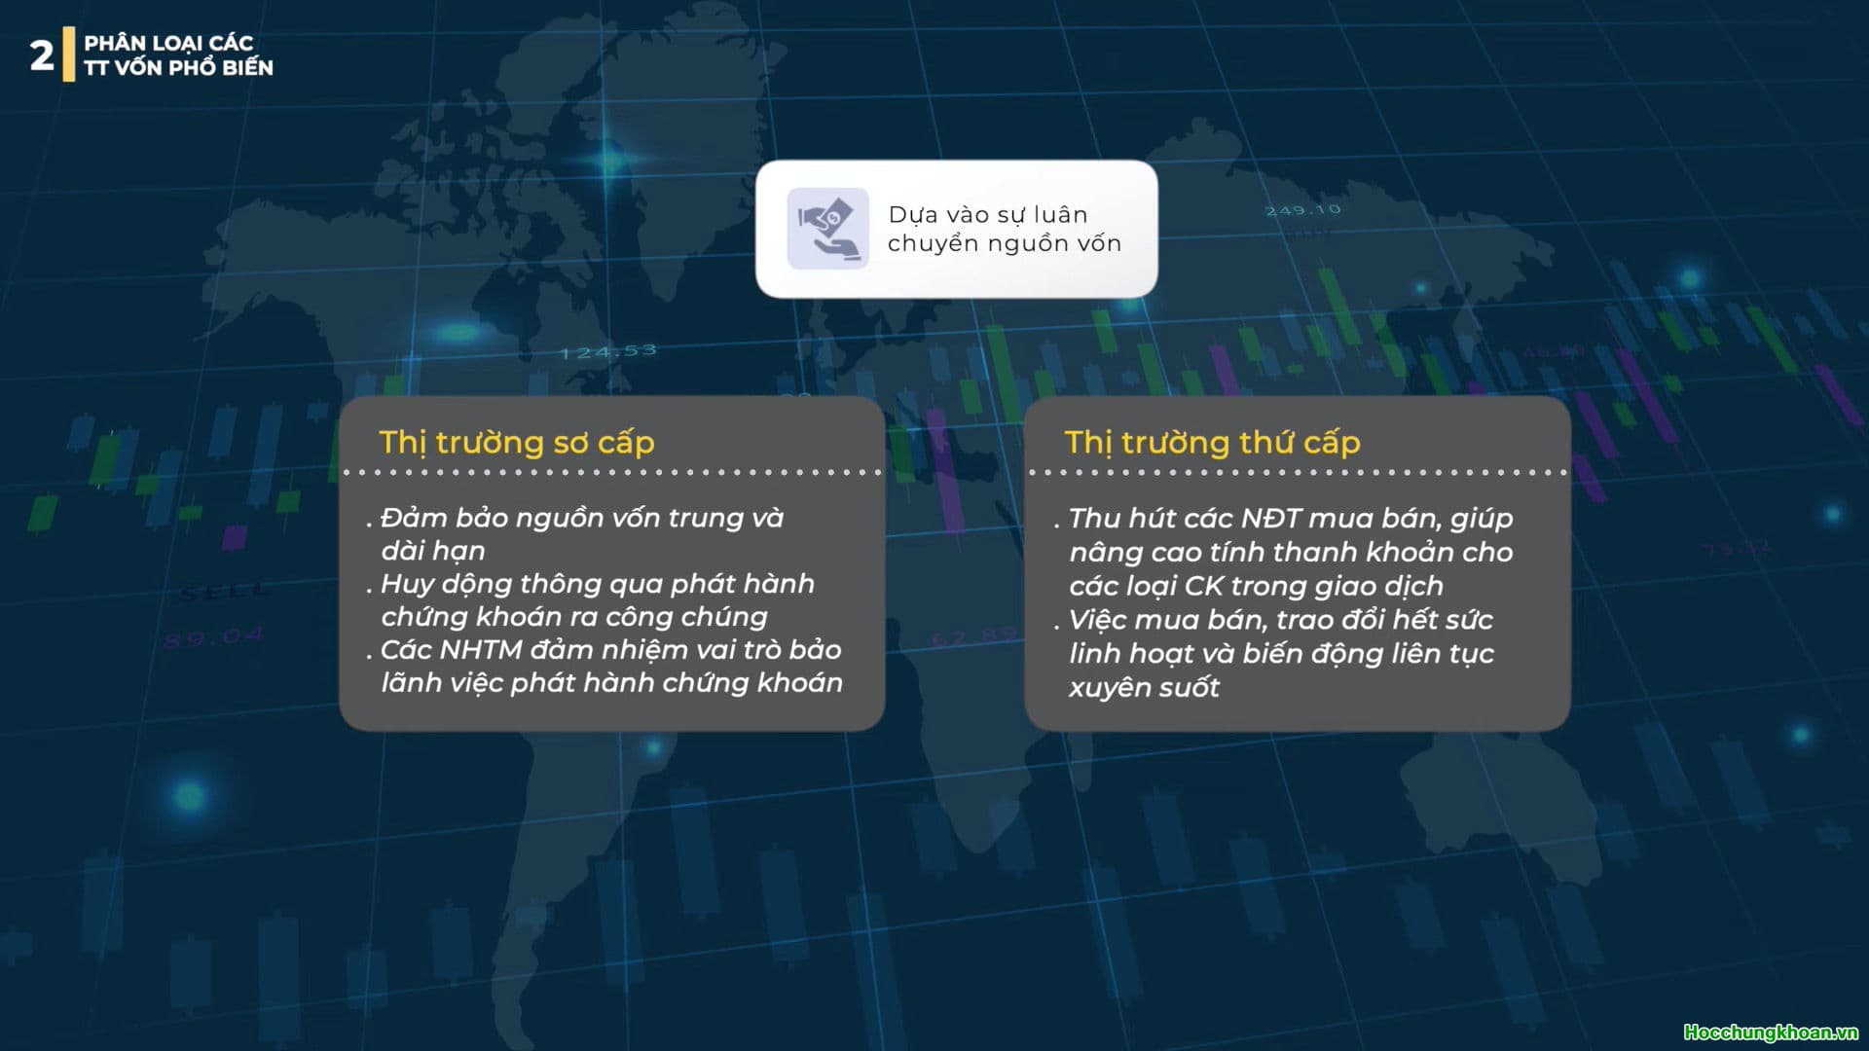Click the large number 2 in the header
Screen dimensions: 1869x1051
(x=42, y=55)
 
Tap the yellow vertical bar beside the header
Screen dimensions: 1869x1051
(x=69, y=54)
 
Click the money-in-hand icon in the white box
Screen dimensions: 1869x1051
(x=827, y=229)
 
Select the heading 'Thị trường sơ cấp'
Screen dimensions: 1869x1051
(x=517, y=443)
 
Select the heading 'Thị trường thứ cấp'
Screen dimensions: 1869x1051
(x=1212, y=443)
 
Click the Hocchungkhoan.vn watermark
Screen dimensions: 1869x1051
(x=1771, y=1033)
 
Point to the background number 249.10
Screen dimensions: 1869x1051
(x=1302, y=210)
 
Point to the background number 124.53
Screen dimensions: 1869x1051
(x=608, y=351)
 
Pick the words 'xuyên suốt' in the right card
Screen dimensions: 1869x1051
(x=1144, y=687)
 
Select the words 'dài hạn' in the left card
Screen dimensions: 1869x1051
(x=433, y=551)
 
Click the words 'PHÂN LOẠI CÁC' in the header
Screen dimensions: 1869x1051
(x=168, y=43)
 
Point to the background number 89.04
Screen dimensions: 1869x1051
(x=213, y=638)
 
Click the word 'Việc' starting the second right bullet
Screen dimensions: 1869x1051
(x=1098, y=620)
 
